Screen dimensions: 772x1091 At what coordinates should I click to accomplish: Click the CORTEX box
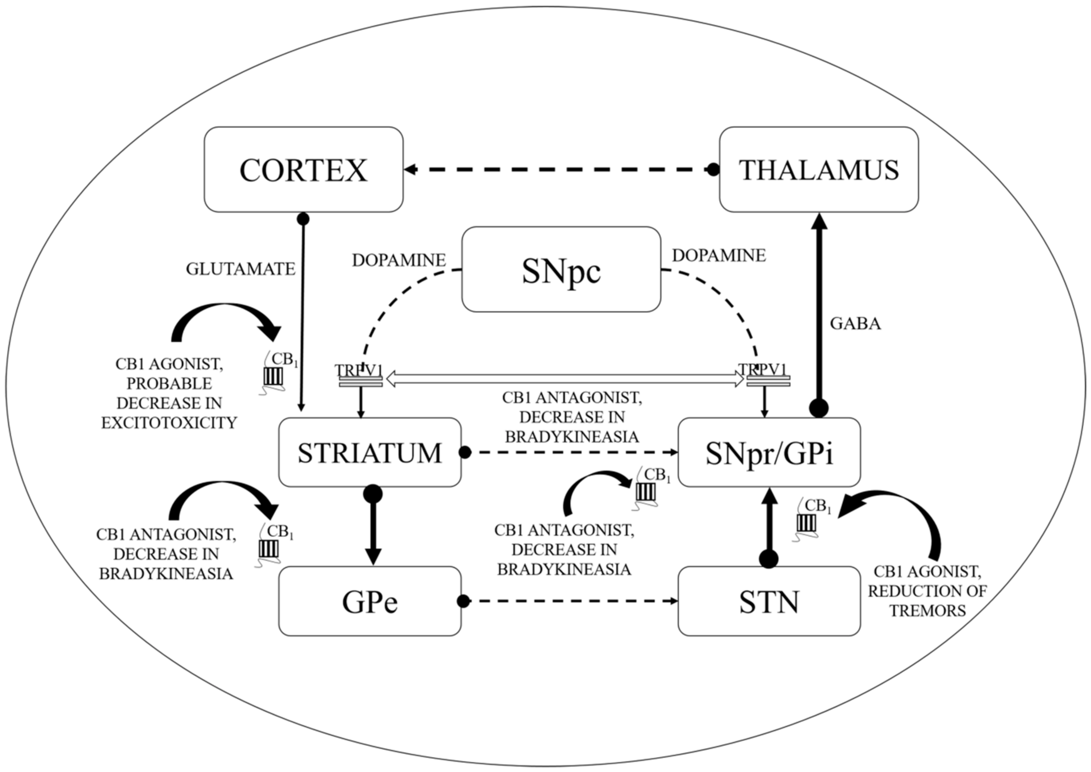pyautogui.click(x=304, y=169)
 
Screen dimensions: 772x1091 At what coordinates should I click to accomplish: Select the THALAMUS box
pyautogui.click(x=819, y=169)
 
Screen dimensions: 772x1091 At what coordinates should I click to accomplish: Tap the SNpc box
pyautogui.click(x=561, y=269)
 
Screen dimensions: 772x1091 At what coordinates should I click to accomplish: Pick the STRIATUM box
pyautogui.click(x=370, y=452)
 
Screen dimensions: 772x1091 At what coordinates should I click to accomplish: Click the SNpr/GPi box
pyautogui.click(x=769, y=452)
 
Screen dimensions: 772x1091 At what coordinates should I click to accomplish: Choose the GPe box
pyautogui.click(x=370, y=601)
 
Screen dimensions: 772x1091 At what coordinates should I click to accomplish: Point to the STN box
pyautogui.click(x=769, y=601)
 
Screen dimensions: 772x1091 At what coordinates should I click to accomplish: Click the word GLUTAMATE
pyautogui.click(x=240, y=269)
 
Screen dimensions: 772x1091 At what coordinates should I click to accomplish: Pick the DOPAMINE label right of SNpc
pyautogui.click(x=718, y=256)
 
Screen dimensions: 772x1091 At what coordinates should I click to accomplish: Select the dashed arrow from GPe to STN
pyautogui.click(x=570, y=601)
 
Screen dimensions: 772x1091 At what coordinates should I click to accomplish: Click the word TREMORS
pyautogui.click(x=928, y=611)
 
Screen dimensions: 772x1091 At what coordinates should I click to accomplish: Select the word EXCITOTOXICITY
pyautogui.click(x=169, y=423)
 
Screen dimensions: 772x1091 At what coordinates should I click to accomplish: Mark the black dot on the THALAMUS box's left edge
pyautogui.click(x=713, y=169)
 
